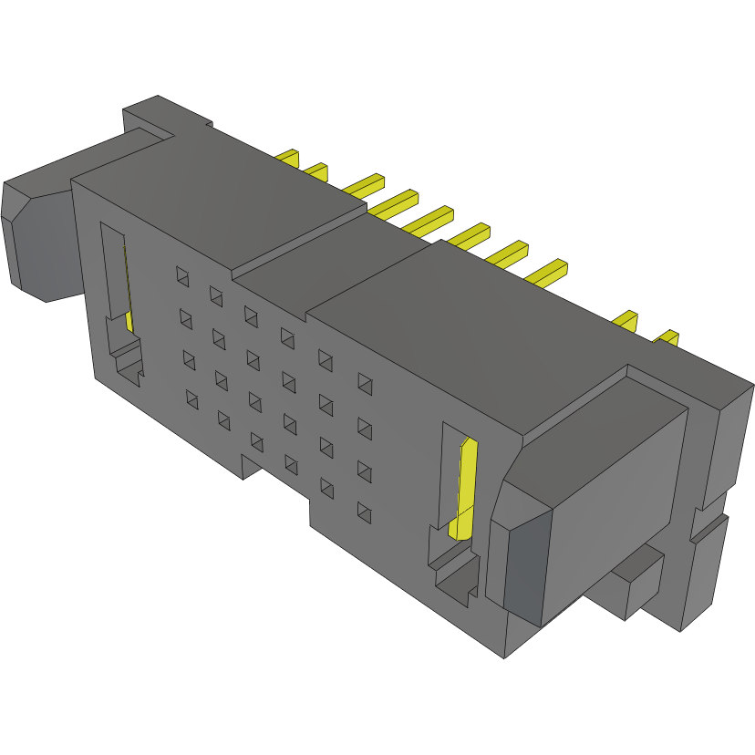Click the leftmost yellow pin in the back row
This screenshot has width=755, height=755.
point(290,158)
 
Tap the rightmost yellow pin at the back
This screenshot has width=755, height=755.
point(667,338)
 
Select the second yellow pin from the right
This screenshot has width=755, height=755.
point(626,319)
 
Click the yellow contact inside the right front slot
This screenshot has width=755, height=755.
point(466,488)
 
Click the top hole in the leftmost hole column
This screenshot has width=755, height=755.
point(181,274)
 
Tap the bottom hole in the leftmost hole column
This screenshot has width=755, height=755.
point(192,398)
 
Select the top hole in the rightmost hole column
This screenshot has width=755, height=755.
point(365,382)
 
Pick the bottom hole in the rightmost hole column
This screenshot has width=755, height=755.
point(365,512)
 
